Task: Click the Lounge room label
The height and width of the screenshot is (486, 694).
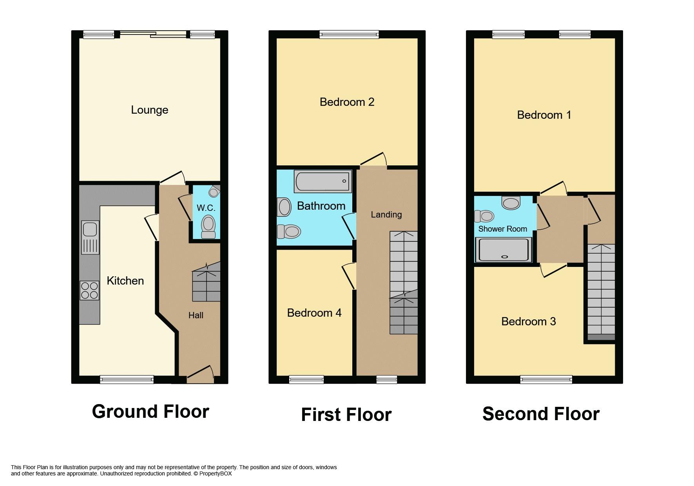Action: pyautogui.click(x=150, y=110)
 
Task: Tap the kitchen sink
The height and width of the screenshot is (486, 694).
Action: pyautogui.click(x=90, y=237)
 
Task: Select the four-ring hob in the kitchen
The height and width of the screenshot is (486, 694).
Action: pyautogui.click(x=89, y=290)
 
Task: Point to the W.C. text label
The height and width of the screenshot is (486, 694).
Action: pyautogui.click(x=206, y=208)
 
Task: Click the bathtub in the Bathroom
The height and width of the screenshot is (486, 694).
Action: pyautogui.click(x=323, y=181)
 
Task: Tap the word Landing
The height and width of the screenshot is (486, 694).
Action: pyautogui.click(x=386, y=215)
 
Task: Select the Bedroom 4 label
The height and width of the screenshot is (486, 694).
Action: pyautogui.click(x=314, y=313)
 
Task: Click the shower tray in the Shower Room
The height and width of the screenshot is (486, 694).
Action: pyautogui.click(x=504, y=250)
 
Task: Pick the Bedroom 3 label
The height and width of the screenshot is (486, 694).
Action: pyautogui.click(x=529, y=322)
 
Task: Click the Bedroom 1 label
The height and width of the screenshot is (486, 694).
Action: pyautogui.click(x=544, y=115)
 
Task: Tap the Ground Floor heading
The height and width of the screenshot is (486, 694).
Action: pyautogui.click(x=150, y=412)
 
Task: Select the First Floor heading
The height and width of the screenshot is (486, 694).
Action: pyautogui.click(x=346, y=415)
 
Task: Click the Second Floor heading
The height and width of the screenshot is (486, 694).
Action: pyautogui.click(x=541, y=414)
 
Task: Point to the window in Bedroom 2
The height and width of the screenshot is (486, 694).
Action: pyautogui.click(x=349, y=34)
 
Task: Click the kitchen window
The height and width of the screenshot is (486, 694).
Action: pyautogui.click(x=127, y=379)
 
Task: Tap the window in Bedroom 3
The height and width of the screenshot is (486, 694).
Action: pyautogui.click(x=546, y=379)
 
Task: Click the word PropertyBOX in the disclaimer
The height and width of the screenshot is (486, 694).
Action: pyautogui.click(x=216, y=473)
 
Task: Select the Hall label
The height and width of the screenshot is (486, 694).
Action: pyautogui.click(x=196, y=316)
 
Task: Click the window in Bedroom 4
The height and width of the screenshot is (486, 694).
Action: pyautogui.click(x=306, y=379)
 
